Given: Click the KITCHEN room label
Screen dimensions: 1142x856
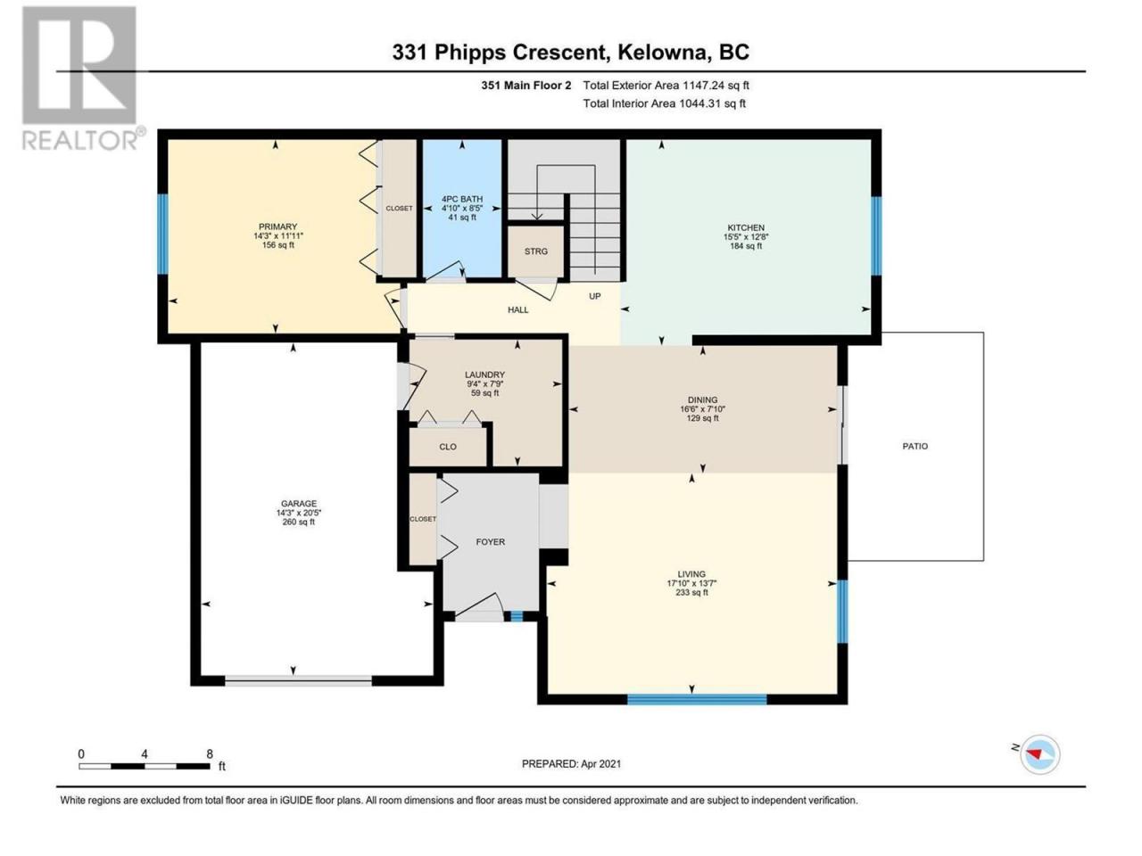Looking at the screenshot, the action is (745, 227).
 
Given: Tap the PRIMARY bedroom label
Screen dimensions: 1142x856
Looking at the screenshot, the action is (277, 226).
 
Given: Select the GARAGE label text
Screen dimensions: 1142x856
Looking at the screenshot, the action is (299, 503).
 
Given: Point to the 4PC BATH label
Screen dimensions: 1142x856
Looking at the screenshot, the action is (462, 199).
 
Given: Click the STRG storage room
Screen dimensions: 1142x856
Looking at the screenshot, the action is (536, 251).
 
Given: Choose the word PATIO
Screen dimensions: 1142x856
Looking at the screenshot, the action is (914, 446).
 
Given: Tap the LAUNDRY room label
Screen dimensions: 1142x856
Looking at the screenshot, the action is (484, 374).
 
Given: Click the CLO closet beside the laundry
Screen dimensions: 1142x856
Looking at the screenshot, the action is (448, 447).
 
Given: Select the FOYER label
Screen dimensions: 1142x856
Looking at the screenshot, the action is (490, 541).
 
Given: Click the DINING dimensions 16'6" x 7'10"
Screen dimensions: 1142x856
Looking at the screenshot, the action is (702, 409).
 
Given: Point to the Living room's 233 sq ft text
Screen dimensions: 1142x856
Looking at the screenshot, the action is (691, 592).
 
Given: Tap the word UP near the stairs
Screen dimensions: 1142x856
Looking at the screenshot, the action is (595, 296).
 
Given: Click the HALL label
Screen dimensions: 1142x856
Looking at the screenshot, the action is (517, 309).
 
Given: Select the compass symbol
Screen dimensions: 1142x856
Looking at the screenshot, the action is (1039, 753).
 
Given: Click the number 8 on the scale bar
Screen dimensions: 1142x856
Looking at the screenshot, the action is (210, 753).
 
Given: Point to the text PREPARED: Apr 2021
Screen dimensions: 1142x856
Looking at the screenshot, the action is (571, 763).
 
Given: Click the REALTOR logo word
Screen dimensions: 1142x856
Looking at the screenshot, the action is (79, 140).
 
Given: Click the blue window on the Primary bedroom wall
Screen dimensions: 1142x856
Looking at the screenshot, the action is (163, 234).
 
